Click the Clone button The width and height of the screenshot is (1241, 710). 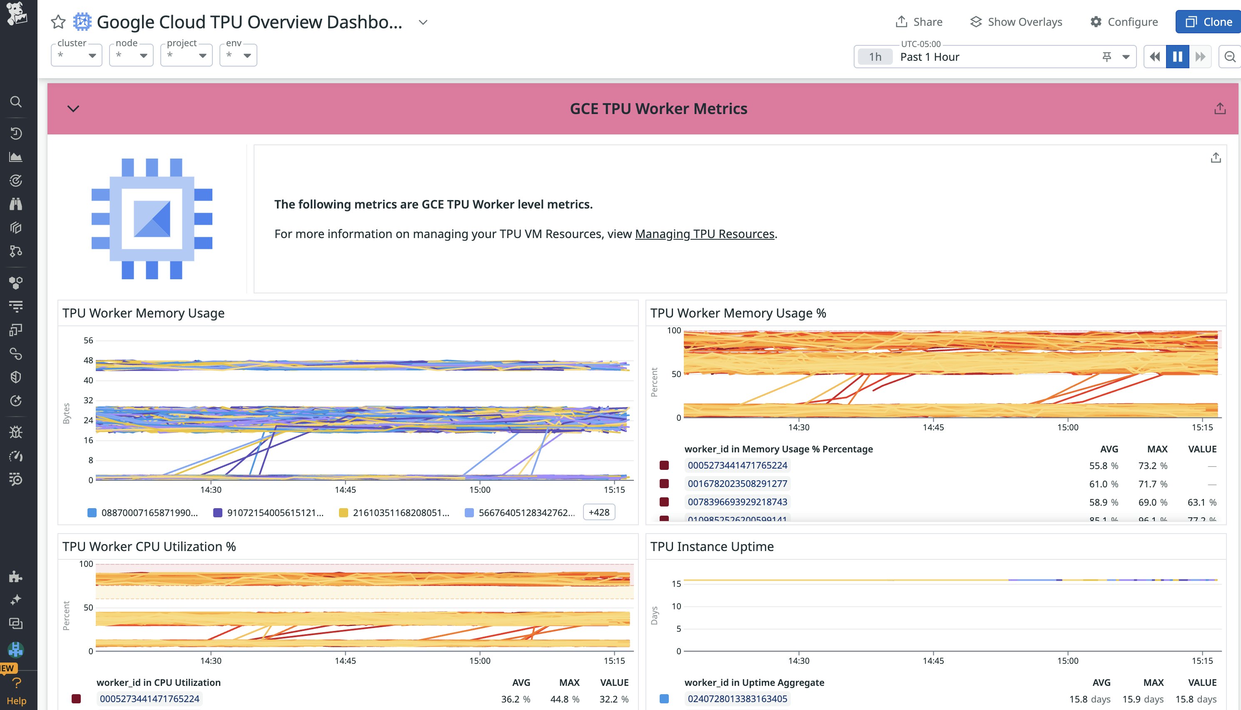(1209, 22)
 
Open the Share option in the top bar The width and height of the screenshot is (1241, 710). (919, 22)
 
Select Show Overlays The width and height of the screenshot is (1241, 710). (1016, 22)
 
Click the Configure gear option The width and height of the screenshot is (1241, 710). (1124, 22)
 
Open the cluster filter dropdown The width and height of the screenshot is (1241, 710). (77, 55)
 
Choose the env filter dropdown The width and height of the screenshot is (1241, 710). (238, 55)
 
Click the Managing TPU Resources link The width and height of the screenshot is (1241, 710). (704, 234)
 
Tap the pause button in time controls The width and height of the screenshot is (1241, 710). (1177, 57)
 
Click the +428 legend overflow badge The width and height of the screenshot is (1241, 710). (598, 512)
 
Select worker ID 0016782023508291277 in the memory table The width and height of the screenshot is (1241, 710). (737, 484)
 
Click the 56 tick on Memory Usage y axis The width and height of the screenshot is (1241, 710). (88, 340)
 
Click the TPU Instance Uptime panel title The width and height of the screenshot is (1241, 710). (712, 546)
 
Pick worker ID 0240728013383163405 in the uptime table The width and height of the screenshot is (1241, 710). (737, 699)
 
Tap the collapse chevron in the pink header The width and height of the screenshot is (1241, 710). (73, 109)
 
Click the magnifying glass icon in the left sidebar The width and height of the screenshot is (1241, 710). (16, 102)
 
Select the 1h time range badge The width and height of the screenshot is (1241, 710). (875, 57)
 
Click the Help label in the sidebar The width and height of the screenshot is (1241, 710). (16, 701)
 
